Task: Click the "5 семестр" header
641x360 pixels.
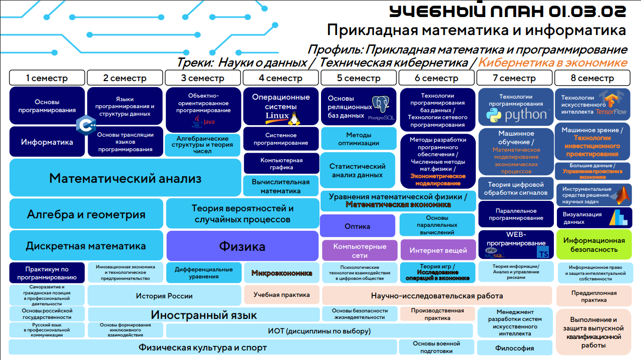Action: pyautogui.click(x=359, y=78)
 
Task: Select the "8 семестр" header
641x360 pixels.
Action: pyautogui.click(x=592, y=78)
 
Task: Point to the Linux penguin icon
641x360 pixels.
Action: pyautogui.click(x=294, y=118)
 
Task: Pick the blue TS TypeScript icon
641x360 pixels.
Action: pyautogui.click(x=543, y=251)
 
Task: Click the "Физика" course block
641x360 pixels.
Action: pyautogui.click(x=242, y=246)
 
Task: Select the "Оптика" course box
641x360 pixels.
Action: pyautogui.click(x=358, y=226)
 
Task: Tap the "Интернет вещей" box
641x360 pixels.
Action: pyautogui.click(x=438, y=250)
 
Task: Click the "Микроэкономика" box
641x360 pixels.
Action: pyautogui.click(x=281, y=273)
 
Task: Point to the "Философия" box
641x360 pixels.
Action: pyautogui.click(x=514, y=348)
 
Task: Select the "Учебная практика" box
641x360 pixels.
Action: pyautogui.click(x=281, y=295)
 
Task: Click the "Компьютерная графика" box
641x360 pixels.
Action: pyautogui.click(x=281, y=164)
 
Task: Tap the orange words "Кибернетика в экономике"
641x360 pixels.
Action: pyautogui.click(x=552, y=63)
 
